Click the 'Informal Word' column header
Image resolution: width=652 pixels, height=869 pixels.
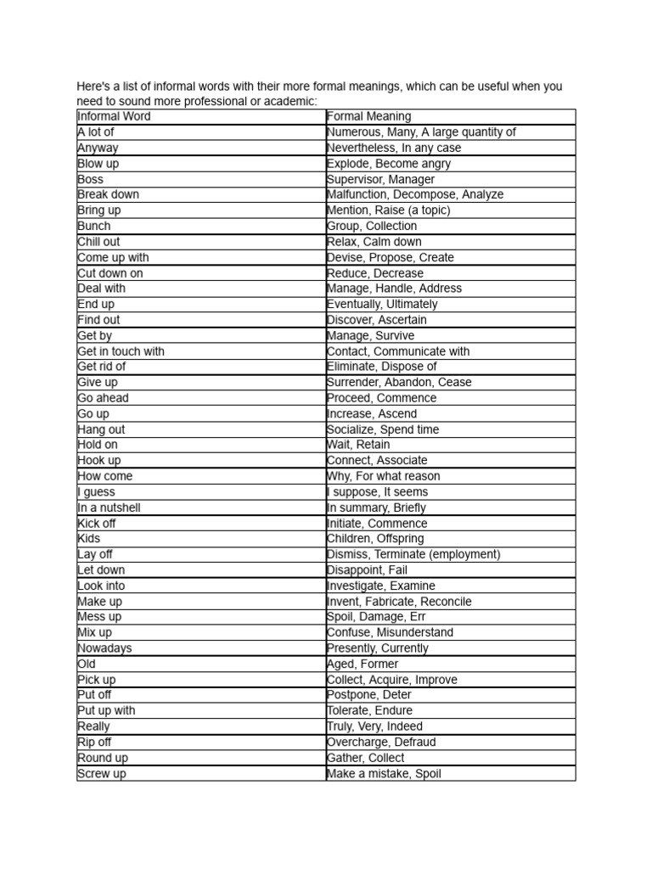(114, 116)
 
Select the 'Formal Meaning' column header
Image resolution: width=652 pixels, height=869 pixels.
(368, 116)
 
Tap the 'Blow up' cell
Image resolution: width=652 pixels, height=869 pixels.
(98, 163)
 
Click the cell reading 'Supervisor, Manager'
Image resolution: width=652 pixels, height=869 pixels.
(380, 179)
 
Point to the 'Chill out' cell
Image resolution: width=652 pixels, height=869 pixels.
(98, 242)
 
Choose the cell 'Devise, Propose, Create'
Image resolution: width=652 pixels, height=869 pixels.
(391, 257)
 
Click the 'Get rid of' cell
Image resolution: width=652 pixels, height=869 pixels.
(101, 367)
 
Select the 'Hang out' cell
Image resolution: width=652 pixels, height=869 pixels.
(101, 429)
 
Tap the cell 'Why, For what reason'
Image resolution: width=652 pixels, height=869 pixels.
(384, 476)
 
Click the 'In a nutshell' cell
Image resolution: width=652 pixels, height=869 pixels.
(109, 507)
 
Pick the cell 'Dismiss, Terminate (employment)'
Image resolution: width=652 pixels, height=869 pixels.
(413, 554)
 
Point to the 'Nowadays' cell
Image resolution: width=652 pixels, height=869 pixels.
(104, 648)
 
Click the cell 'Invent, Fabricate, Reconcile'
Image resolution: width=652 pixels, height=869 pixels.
(399, 602)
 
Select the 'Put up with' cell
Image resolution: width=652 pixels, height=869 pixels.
(106, 710)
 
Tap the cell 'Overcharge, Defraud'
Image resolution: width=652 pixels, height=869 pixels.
(382, 742)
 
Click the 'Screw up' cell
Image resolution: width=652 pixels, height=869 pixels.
(101, 774)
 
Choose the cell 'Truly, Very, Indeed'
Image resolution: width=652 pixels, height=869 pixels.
(374, 726)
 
